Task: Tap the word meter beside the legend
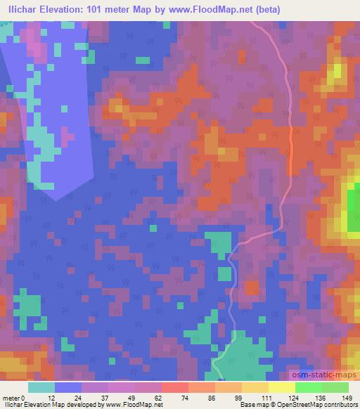click(11, 397)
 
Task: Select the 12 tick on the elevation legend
click(52, 397)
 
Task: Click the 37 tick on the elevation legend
click(105, 397)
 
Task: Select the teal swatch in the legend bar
click(41, 387)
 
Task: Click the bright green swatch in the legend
click(308, 387)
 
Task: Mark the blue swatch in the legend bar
click(68, 387)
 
